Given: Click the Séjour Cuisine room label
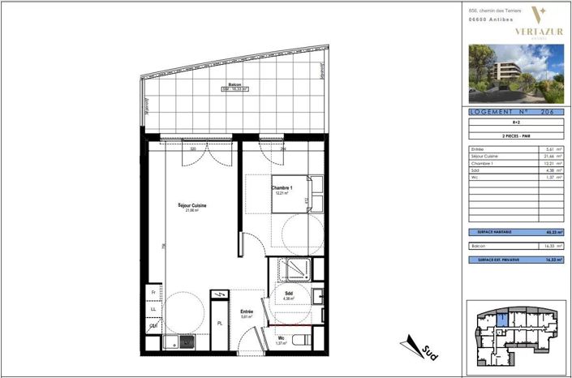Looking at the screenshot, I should click(192, 206).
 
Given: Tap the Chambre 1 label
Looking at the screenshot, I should click(281, 188).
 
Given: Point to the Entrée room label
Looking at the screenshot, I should click(247, 311).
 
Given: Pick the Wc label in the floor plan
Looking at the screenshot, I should click(281, 337).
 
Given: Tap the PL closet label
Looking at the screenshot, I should click(219, 323).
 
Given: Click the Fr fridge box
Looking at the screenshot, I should click(152, 292).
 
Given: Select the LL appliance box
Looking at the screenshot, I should click(152, 309).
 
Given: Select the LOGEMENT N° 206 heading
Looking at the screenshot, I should click(515, 113).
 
